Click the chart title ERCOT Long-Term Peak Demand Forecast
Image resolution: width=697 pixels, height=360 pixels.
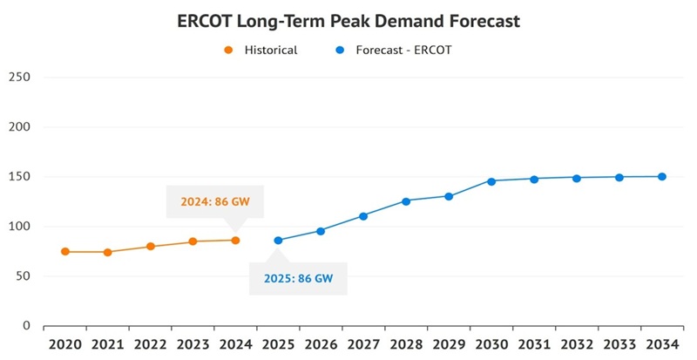click(348, 20)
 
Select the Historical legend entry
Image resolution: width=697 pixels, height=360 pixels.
click(261, 50)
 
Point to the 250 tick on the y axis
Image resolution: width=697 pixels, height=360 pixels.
click(19, 77)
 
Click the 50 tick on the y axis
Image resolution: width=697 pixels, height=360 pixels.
click(23, 276)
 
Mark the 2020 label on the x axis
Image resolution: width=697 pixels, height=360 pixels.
click(64, 344)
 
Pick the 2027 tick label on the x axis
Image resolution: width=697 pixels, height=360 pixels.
click(363, 344)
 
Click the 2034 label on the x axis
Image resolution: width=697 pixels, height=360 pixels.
click(662, 344)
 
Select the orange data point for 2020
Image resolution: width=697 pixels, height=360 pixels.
click(65, 252)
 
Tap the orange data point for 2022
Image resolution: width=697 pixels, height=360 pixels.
click(151, 247)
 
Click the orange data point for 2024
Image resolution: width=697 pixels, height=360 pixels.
click(235, 241)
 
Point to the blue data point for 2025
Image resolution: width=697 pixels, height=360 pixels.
click(278, 241)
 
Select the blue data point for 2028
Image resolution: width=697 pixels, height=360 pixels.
click(406, 201)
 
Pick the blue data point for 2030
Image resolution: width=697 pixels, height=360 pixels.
click(491, 181)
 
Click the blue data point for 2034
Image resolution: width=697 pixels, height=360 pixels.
click(662, 177)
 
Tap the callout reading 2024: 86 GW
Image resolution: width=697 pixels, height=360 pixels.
click(215, 201)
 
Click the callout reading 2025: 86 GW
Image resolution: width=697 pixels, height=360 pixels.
click(298, 280)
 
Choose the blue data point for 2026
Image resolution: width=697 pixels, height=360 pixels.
click(321, 231)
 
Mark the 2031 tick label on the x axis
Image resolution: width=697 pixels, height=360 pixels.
click(534, 344)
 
